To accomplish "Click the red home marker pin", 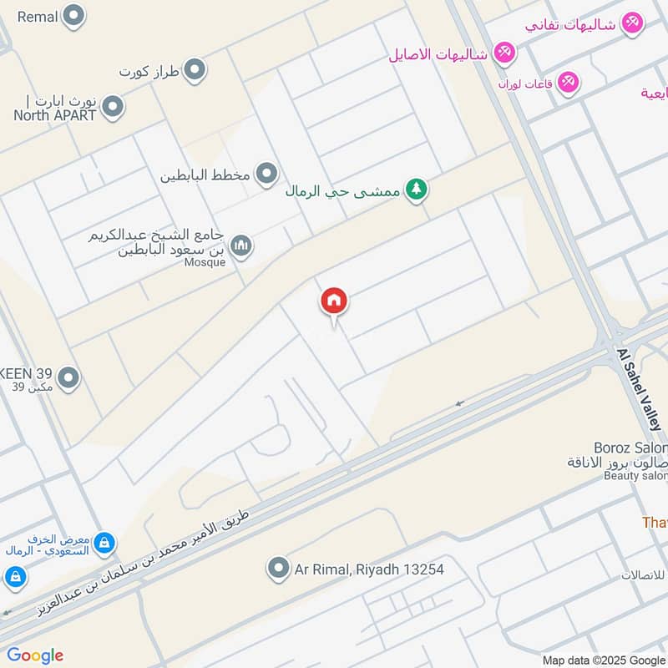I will pos(334,302).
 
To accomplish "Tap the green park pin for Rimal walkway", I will pos(416,190).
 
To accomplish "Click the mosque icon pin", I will pos(241,245).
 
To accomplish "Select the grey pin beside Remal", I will pos(74,15).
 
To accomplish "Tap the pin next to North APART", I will pos(113,107).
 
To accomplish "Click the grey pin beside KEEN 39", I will pos(69,378).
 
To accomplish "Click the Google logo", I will pos(35,655).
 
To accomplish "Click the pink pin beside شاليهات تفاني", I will pos(632,23).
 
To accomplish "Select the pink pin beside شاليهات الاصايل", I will pos(504,53).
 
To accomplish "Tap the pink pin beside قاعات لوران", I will pos(569,82).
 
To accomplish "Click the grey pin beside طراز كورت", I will pos(195,70).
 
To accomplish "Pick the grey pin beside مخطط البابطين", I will pos(266,174).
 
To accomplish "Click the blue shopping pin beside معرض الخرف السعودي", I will pos(104,544).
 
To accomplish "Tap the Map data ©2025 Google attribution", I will pos(605,660).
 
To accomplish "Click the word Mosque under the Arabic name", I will pos(205,262).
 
